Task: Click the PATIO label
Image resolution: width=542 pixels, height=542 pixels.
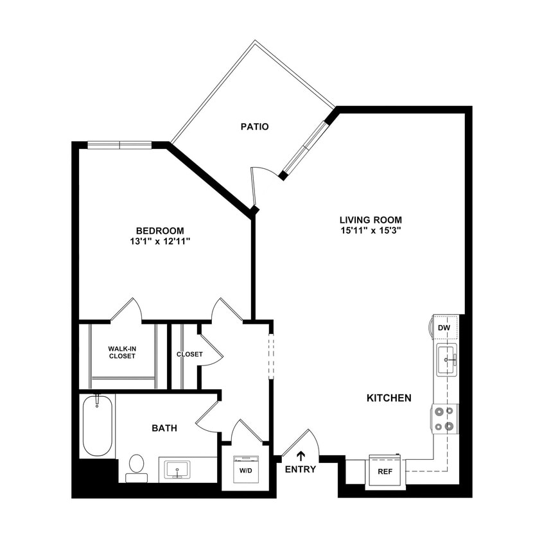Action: [x=254, y=127]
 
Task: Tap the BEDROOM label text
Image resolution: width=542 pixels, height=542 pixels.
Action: [x=160, y=231]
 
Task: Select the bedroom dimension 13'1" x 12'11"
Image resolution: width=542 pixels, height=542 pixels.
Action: [x=160, y=241]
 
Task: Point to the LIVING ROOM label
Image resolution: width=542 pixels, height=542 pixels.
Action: [x=371, y=220]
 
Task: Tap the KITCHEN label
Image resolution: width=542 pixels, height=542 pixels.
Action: [x=389, y=398]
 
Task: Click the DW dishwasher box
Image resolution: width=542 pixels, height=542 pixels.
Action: [x=444, y=328]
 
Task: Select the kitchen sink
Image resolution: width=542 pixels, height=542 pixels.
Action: [x=446, y=360]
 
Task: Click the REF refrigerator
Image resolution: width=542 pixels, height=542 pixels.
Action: [x=384, y=471]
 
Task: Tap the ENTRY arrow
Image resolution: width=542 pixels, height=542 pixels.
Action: [x=301, y=457]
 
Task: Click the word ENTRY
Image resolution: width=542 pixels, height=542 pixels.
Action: [x=301, y=469]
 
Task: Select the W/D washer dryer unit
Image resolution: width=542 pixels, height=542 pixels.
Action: [x=245, y=469]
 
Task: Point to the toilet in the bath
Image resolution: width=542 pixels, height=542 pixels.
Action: [x=136, y=467]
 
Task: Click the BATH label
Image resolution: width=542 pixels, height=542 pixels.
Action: [x=164, y=428]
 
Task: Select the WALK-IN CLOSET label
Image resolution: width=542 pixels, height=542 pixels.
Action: [x=122, y=353]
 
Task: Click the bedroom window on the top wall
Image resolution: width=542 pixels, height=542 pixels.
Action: [x=119, y=145]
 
